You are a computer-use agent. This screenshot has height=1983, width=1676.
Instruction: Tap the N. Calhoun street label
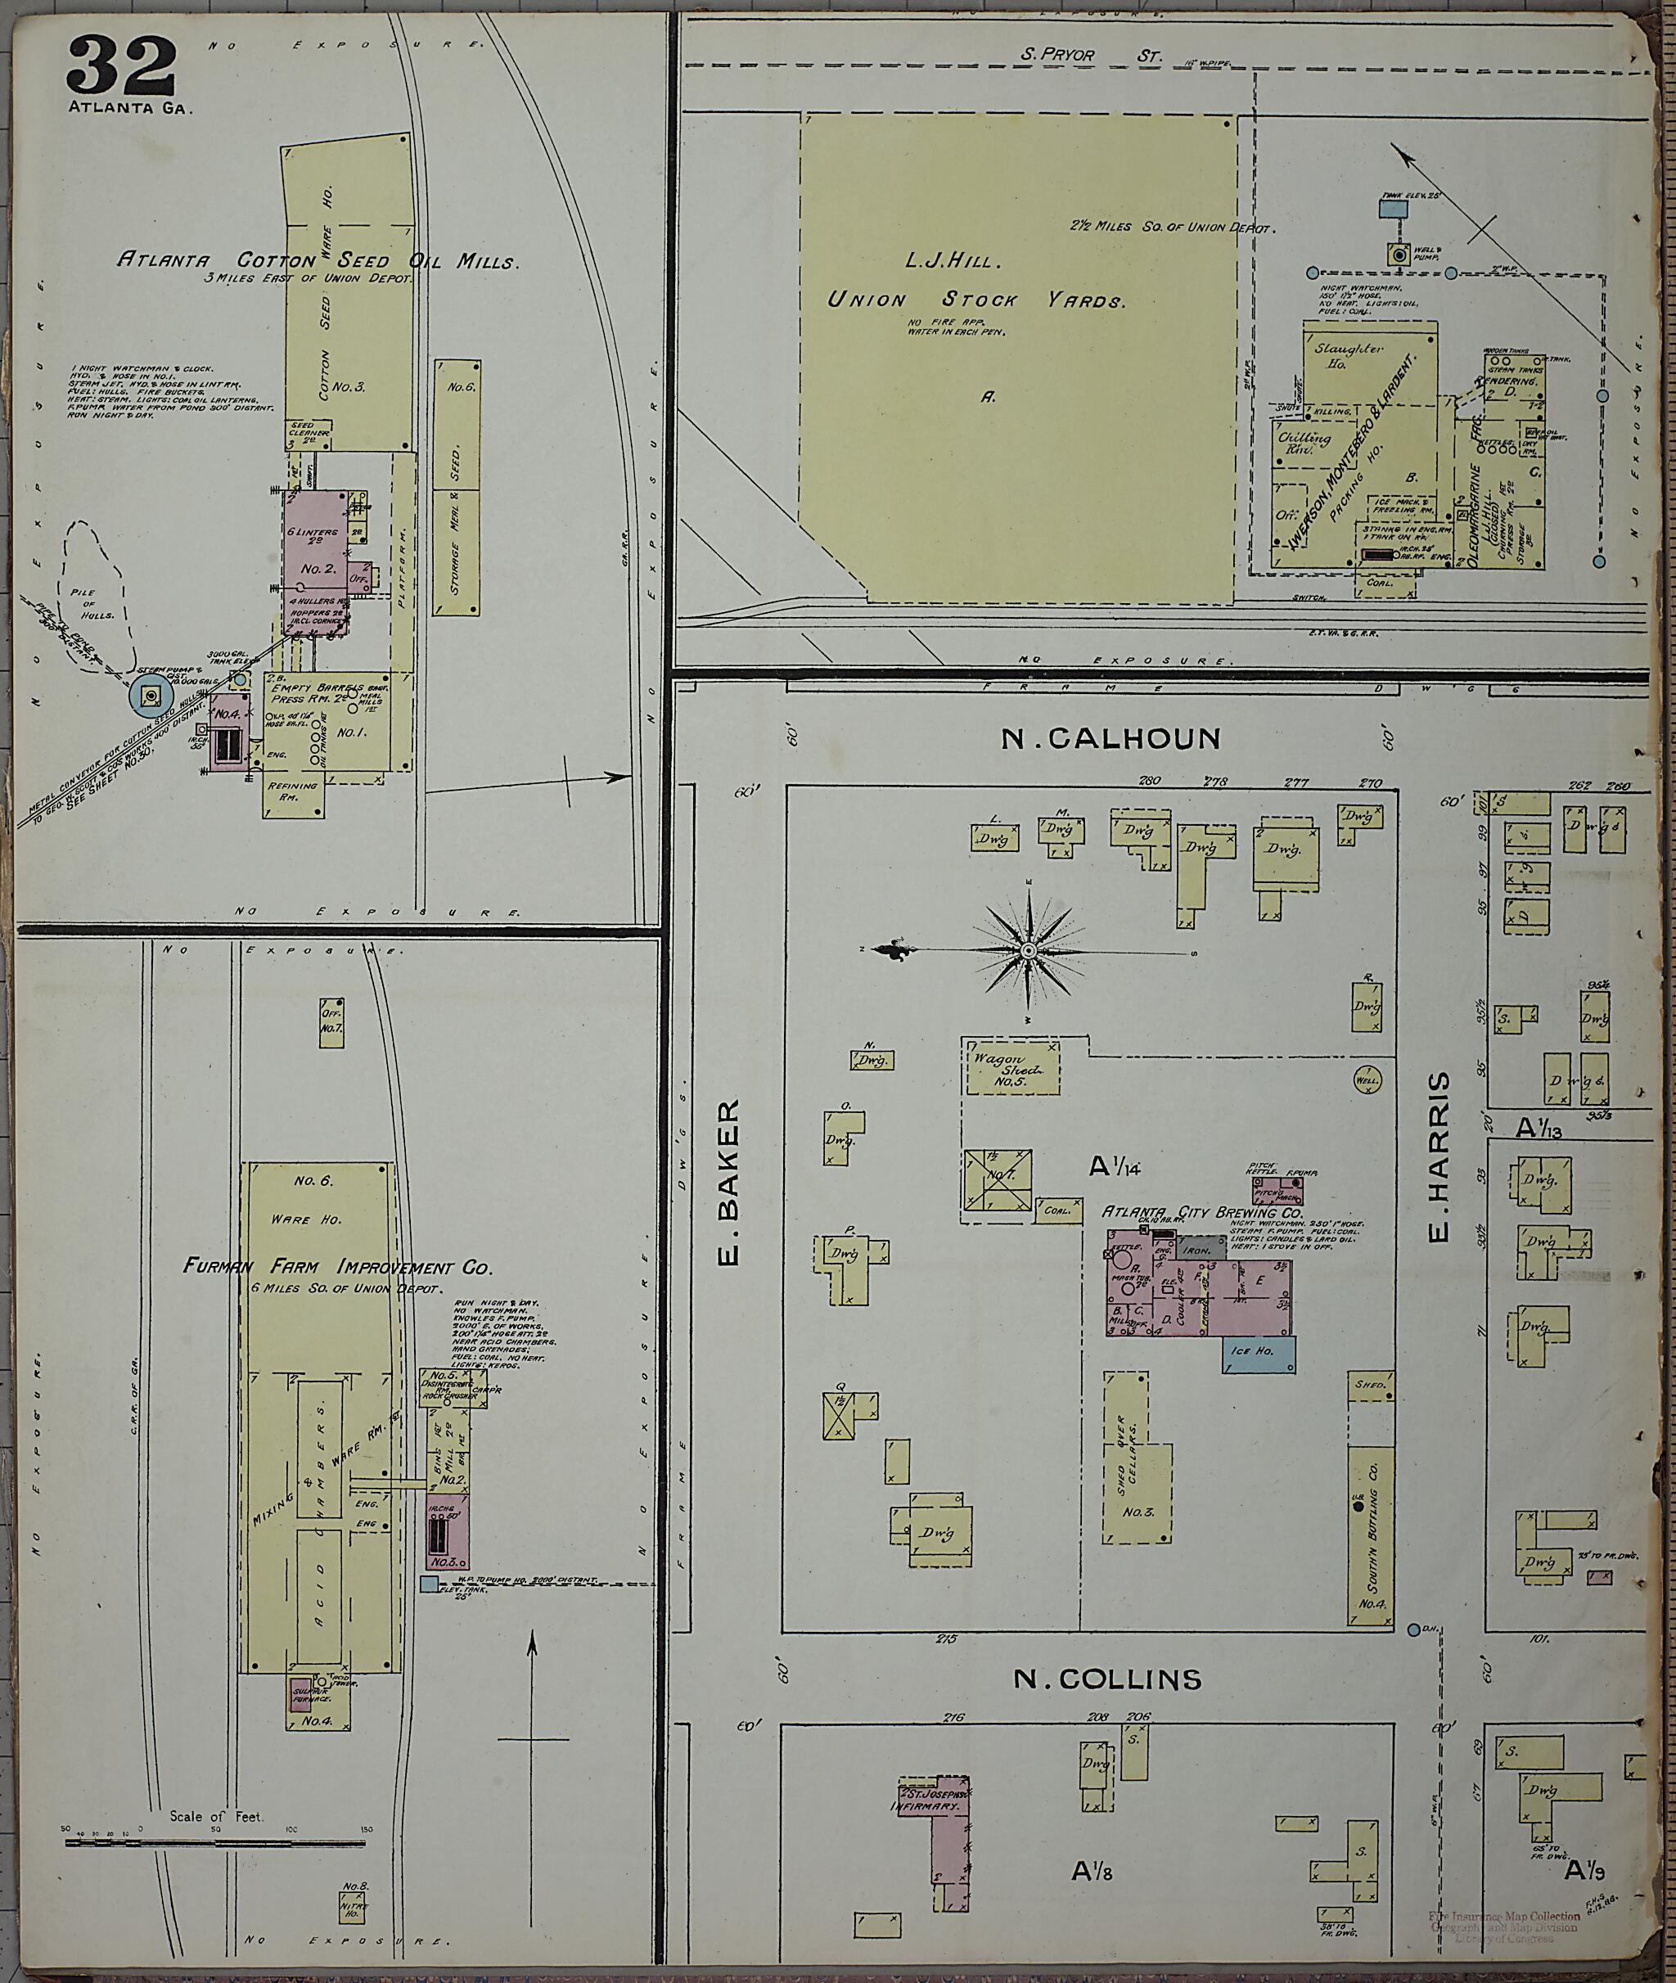tap(1110, 737)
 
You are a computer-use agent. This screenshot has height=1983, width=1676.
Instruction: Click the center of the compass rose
tap(1028, 951)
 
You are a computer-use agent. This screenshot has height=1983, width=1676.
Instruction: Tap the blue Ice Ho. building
tap(1259, 1354)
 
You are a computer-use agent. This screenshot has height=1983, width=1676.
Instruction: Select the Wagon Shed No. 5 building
tap(1011, 1070)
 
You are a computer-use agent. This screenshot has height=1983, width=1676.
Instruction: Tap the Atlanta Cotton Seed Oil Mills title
tap(318, 261)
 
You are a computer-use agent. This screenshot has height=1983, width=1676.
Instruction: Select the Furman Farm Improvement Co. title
tap(337, 1267)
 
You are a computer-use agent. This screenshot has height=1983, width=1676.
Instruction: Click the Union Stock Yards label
tap(975, 300)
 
